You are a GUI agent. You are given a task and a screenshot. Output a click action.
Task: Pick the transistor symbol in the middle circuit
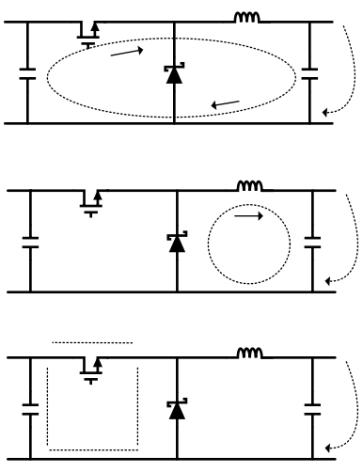click(90, 200)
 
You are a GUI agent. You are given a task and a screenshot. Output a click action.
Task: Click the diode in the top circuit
click(174, 72)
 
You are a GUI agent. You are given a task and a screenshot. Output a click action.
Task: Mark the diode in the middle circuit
click(174, 242)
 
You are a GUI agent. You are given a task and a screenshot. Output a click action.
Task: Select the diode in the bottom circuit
click(174, 409)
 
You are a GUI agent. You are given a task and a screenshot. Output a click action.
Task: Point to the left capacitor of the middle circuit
click(28, 242)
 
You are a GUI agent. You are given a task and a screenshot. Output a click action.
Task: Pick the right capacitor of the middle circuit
click(310, 242)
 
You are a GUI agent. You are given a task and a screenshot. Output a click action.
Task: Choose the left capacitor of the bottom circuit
click(28, 409)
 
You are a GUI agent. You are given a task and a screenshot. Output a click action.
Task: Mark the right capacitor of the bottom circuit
click(310, 409)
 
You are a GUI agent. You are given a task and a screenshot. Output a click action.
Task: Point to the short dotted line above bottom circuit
click(92, 342)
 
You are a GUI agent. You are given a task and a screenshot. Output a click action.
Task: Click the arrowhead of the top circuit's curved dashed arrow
click(325, 113)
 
